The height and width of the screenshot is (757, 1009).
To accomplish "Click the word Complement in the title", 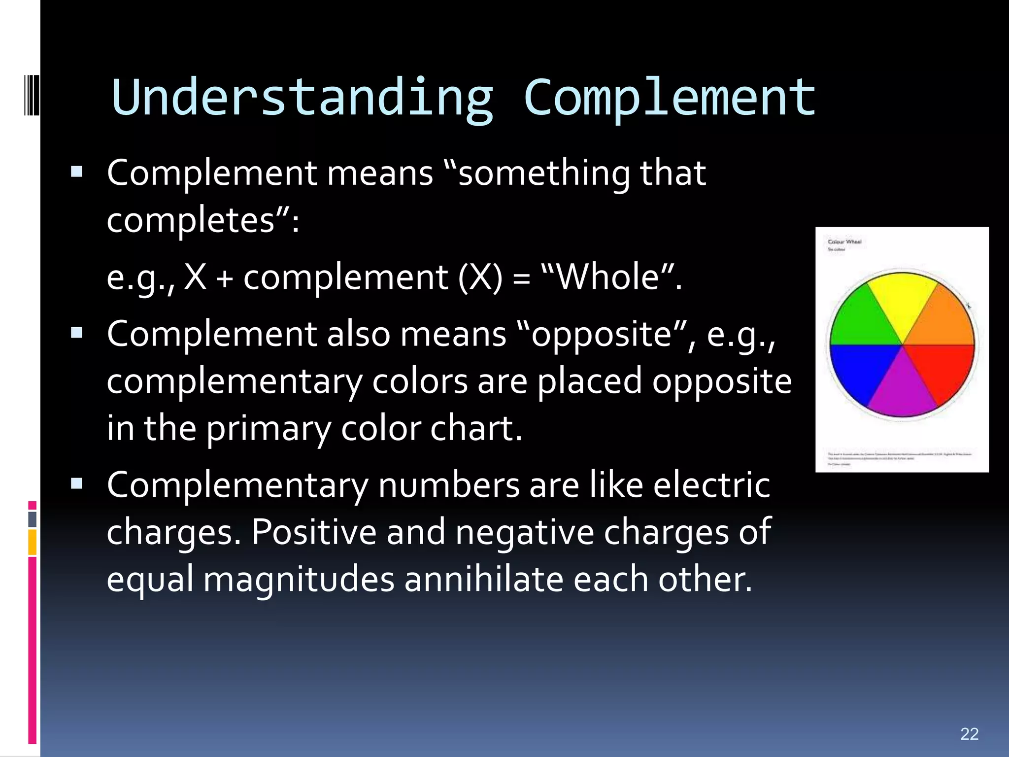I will point(669,98).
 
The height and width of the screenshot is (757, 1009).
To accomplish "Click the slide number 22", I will point(969,734).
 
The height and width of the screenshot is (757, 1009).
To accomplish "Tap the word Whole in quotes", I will point(608,277).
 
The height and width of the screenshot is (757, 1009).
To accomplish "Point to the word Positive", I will point(314,532).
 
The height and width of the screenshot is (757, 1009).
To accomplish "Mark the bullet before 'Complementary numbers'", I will point(76,484).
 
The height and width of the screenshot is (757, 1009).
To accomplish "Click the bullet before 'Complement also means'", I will point(76,333).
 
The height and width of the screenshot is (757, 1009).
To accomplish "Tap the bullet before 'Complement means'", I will point(76,172).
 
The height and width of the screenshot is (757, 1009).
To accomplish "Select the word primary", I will point(269,429).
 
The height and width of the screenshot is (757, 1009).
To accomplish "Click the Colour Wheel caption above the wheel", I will point(844,241).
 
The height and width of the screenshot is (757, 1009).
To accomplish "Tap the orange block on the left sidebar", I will point(32,542).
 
